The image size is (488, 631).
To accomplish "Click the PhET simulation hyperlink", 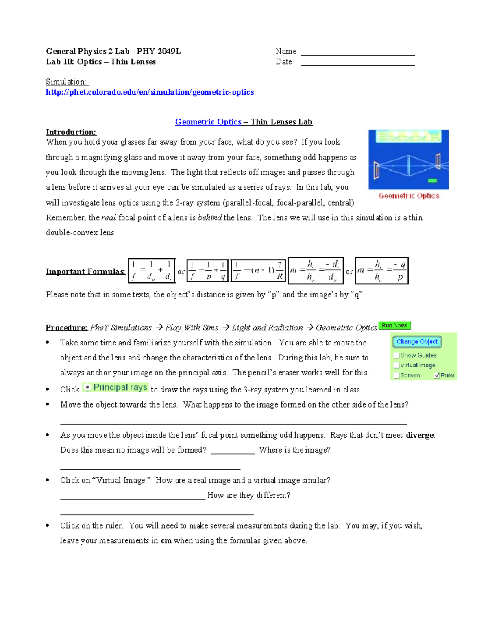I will [x=150, y=92].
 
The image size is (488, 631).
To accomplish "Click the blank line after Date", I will [x=357, y=63].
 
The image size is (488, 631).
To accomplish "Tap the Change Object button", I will [x=417, y=342].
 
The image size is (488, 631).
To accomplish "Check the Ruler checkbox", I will [x=437, y=375].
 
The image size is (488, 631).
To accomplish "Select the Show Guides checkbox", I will [x=396, y=355].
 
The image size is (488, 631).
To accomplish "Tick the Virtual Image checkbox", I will [x=396, y=365].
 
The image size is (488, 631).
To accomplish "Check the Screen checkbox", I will [x=396, y=375].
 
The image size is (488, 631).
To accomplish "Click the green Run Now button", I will [x=394, y=326].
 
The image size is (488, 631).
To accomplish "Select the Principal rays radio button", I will [x=87, y=387].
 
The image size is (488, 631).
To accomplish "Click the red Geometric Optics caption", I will [x=409, y=196].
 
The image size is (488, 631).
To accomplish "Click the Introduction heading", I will [x=71, y=132].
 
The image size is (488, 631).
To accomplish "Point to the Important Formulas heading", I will [x=85, y=271].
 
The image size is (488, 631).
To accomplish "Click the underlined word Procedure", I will [x=66, y=327].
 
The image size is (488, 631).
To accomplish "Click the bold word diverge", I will [x=420, y=435].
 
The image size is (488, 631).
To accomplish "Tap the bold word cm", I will [x=166, y=541].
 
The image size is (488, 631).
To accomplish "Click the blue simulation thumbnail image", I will [x=408, y=159].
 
